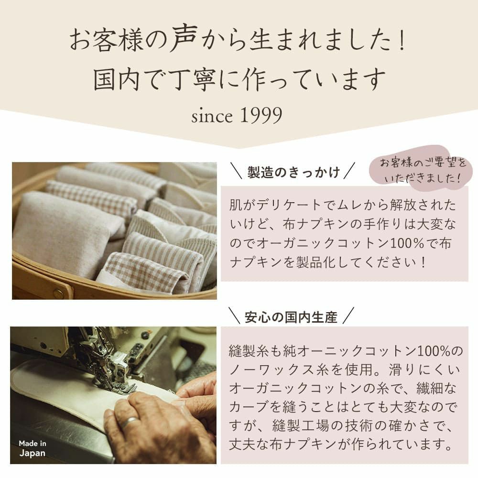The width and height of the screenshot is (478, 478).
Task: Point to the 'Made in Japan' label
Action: tap(33, 448)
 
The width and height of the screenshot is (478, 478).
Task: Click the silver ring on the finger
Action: tap(129, 423)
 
